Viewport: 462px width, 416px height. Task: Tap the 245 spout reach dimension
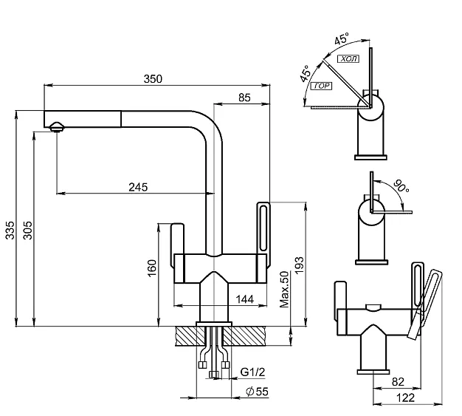point(138,187)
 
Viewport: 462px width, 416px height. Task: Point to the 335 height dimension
point(10,234)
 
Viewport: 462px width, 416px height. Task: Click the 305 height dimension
point(27,234)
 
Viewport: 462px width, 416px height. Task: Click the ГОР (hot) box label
point(322,86)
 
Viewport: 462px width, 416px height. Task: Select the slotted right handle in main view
point(265,228)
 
